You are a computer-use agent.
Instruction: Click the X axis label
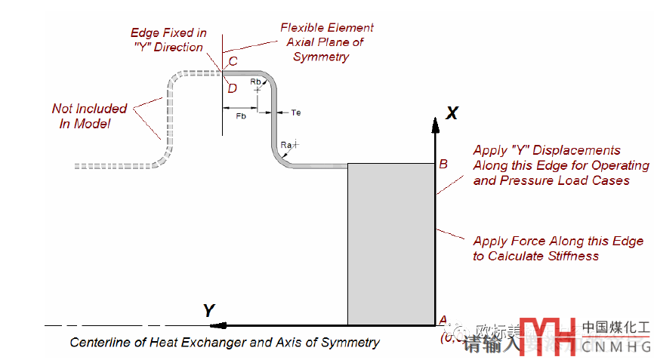[x=452, y=113]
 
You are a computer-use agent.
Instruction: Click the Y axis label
[x=209, y=310]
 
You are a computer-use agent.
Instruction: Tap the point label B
[x=443, y=164]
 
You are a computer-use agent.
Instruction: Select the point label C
[x=233, y=61]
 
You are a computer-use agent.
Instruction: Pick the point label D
[x=232, y=88]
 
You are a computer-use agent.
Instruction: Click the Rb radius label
[x=256, y=81]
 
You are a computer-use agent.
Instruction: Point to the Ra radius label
[x=286, y=144]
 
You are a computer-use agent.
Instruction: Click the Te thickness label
[x=296, y=112]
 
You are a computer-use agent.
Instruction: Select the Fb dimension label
[x=241, y=116]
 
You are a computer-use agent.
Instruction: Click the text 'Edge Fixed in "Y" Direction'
[x=168, y=40]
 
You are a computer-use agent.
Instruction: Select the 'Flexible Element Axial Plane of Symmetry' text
[x=327, y=42]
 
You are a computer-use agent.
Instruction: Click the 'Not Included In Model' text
[x=89, y=115]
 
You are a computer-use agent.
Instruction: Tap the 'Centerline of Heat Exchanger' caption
[x=225, y=343]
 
